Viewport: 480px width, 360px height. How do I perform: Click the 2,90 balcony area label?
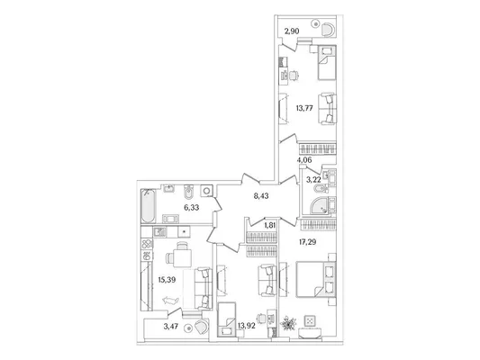tap(292, 31)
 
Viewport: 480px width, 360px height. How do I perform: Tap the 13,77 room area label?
tap(304, 108)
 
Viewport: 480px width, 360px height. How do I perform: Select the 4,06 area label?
tap(304, 159)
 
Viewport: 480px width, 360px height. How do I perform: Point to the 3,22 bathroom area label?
tap(313, 179)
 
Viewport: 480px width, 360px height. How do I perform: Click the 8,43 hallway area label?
tap(261, 196)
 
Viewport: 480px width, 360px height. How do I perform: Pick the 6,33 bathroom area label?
tap(191, 207)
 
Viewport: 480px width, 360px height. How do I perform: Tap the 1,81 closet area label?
tap(269, 225)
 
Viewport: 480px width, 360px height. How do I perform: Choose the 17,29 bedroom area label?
tap(308, 242)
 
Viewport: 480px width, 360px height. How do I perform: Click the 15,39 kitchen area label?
tap(167, 280)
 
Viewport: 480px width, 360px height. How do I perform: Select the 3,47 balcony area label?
tap(171, 327)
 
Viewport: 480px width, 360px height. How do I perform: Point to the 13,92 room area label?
tap(247, 326)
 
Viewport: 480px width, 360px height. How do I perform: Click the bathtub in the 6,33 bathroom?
tap(149, 206)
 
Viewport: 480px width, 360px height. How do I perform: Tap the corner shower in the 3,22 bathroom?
tap(319, 205)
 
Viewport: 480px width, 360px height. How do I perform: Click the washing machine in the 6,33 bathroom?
tap(206, 191)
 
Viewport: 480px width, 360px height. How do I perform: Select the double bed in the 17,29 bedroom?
tap(315, 279)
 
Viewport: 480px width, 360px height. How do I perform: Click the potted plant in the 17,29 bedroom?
tap(288, 324)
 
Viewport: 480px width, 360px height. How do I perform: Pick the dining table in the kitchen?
tap(182, 257)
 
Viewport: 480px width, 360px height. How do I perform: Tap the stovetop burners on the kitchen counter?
tap(147, 244)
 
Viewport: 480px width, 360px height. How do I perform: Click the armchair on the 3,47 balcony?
tap(201, 327)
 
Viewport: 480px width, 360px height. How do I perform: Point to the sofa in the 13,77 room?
tap(327, 109)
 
